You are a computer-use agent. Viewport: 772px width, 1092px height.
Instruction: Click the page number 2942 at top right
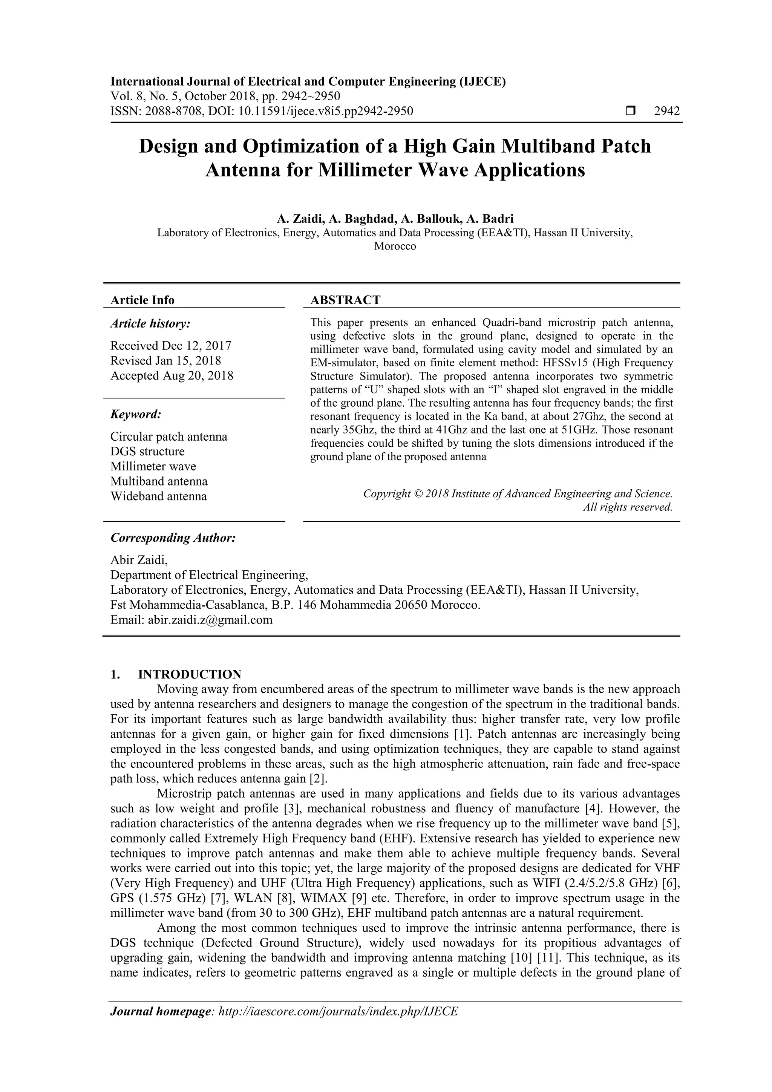[666, 111]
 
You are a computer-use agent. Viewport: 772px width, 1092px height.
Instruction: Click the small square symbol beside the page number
[630, 111]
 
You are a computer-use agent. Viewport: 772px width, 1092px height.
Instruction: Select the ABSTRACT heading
[345, 300]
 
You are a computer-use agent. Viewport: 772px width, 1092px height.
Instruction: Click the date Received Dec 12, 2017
[171, 345]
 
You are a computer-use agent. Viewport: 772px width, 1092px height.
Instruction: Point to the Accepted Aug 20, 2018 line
[172, 375]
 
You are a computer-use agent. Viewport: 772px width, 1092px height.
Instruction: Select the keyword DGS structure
[147, 451]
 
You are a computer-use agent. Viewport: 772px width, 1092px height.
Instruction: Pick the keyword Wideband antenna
[158, 496]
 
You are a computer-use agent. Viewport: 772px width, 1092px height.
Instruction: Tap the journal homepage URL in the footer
[337, 1011]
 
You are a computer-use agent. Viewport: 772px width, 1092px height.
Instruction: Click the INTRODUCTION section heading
[189, 674]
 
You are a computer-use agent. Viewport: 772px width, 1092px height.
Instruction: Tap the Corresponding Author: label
[173, 538]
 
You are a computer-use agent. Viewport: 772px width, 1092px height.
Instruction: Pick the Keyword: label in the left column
[136, 414]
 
